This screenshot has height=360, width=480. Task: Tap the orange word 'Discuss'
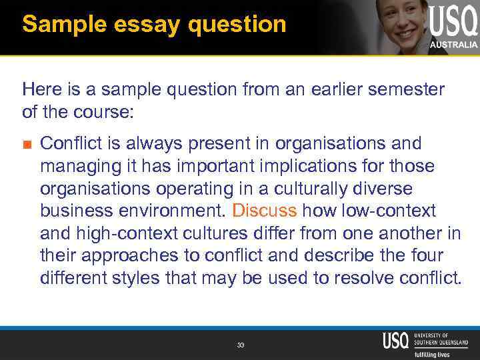[x=264, y=211]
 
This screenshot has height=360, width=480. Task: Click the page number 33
[x=241, y=345]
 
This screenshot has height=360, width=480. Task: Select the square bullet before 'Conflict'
[x=27, y=144]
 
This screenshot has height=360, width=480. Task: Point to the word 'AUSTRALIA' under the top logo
[x=453, y=45]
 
